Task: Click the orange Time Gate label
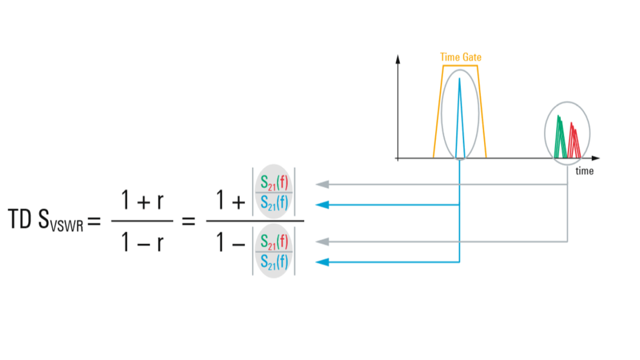point(460,57)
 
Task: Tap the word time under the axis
point(584,171)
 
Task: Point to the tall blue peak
point(459,115)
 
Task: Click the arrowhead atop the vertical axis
point(398,58)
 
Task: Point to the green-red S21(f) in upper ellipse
point(273,180)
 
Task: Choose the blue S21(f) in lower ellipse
point(273,261)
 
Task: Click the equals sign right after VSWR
point(94,221)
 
